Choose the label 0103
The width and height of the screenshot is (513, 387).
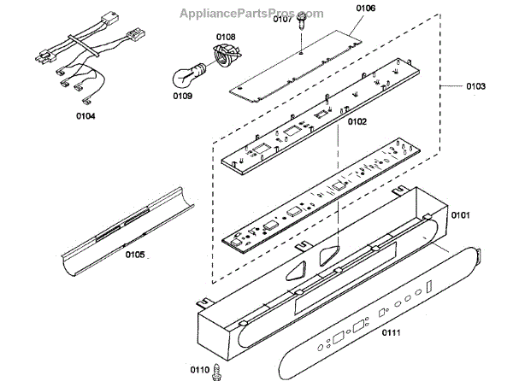[x=475, y=86]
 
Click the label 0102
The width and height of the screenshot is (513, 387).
[x=357, y=122]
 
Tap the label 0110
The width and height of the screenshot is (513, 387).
[x=200, y=369]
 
